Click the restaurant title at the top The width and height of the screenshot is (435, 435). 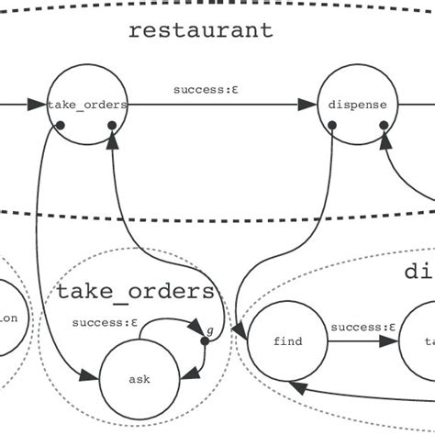point(200,29)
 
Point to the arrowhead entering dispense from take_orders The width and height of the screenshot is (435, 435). point(310,106)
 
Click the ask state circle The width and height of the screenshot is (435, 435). point(139,378)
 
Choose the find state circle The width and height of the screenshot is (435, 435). point(287,341)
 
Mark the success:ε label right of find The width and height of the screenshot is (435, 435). point(362,326)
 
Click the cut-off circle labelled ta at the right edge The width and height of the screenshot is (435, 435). point(421,341)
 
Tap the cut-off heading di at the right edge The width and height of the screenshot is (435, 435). point(418,272)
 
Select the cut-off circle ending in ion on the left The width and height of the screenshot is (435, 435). point(11,318)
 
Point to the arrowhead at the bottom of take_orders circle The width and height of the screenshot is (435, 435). point(112,139)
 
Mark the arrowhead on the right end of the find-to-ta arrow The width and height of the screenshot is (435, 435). point(391,341)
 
